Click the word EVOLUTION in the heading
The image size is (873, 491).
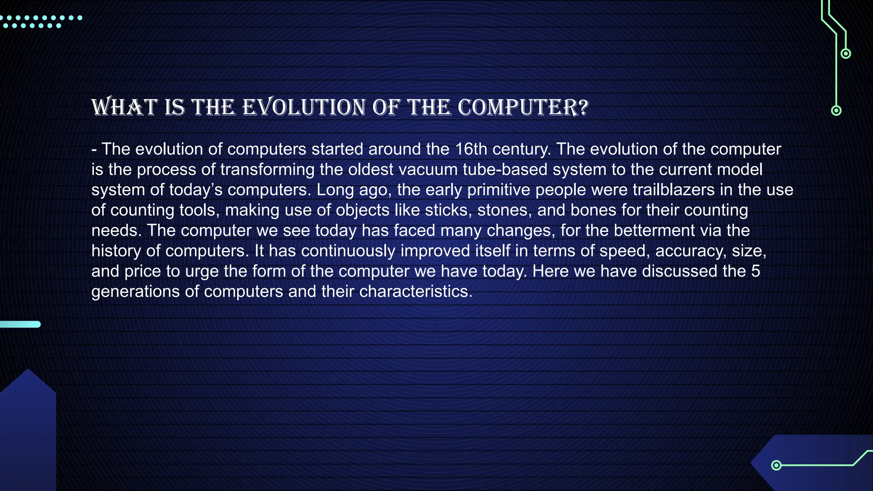304,107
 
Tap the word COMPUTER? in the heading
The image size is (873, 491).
523,107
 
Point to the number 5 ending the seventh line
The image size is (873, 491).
755,271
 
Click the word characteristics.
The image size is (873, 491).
416,292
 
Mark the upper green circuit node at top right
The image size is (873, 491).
846,54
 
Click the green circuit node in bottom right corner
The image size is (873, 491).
776,465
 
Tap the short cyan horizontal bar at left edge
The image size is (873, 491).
20,324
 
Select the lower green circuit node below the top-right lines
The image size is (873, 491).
836,111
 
